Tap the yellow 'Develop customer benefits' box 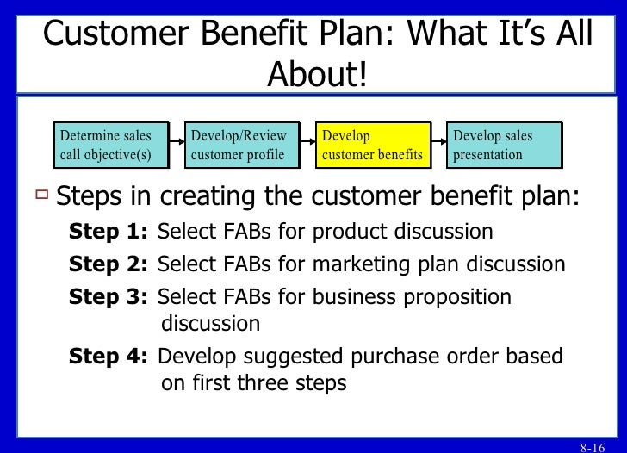372,145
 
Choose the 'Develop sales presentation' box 505,145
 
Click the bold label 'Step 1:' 109,233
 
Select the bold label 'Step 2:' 109,264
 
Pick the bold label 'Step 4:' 109,355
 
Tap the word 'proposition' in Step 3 460,296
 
